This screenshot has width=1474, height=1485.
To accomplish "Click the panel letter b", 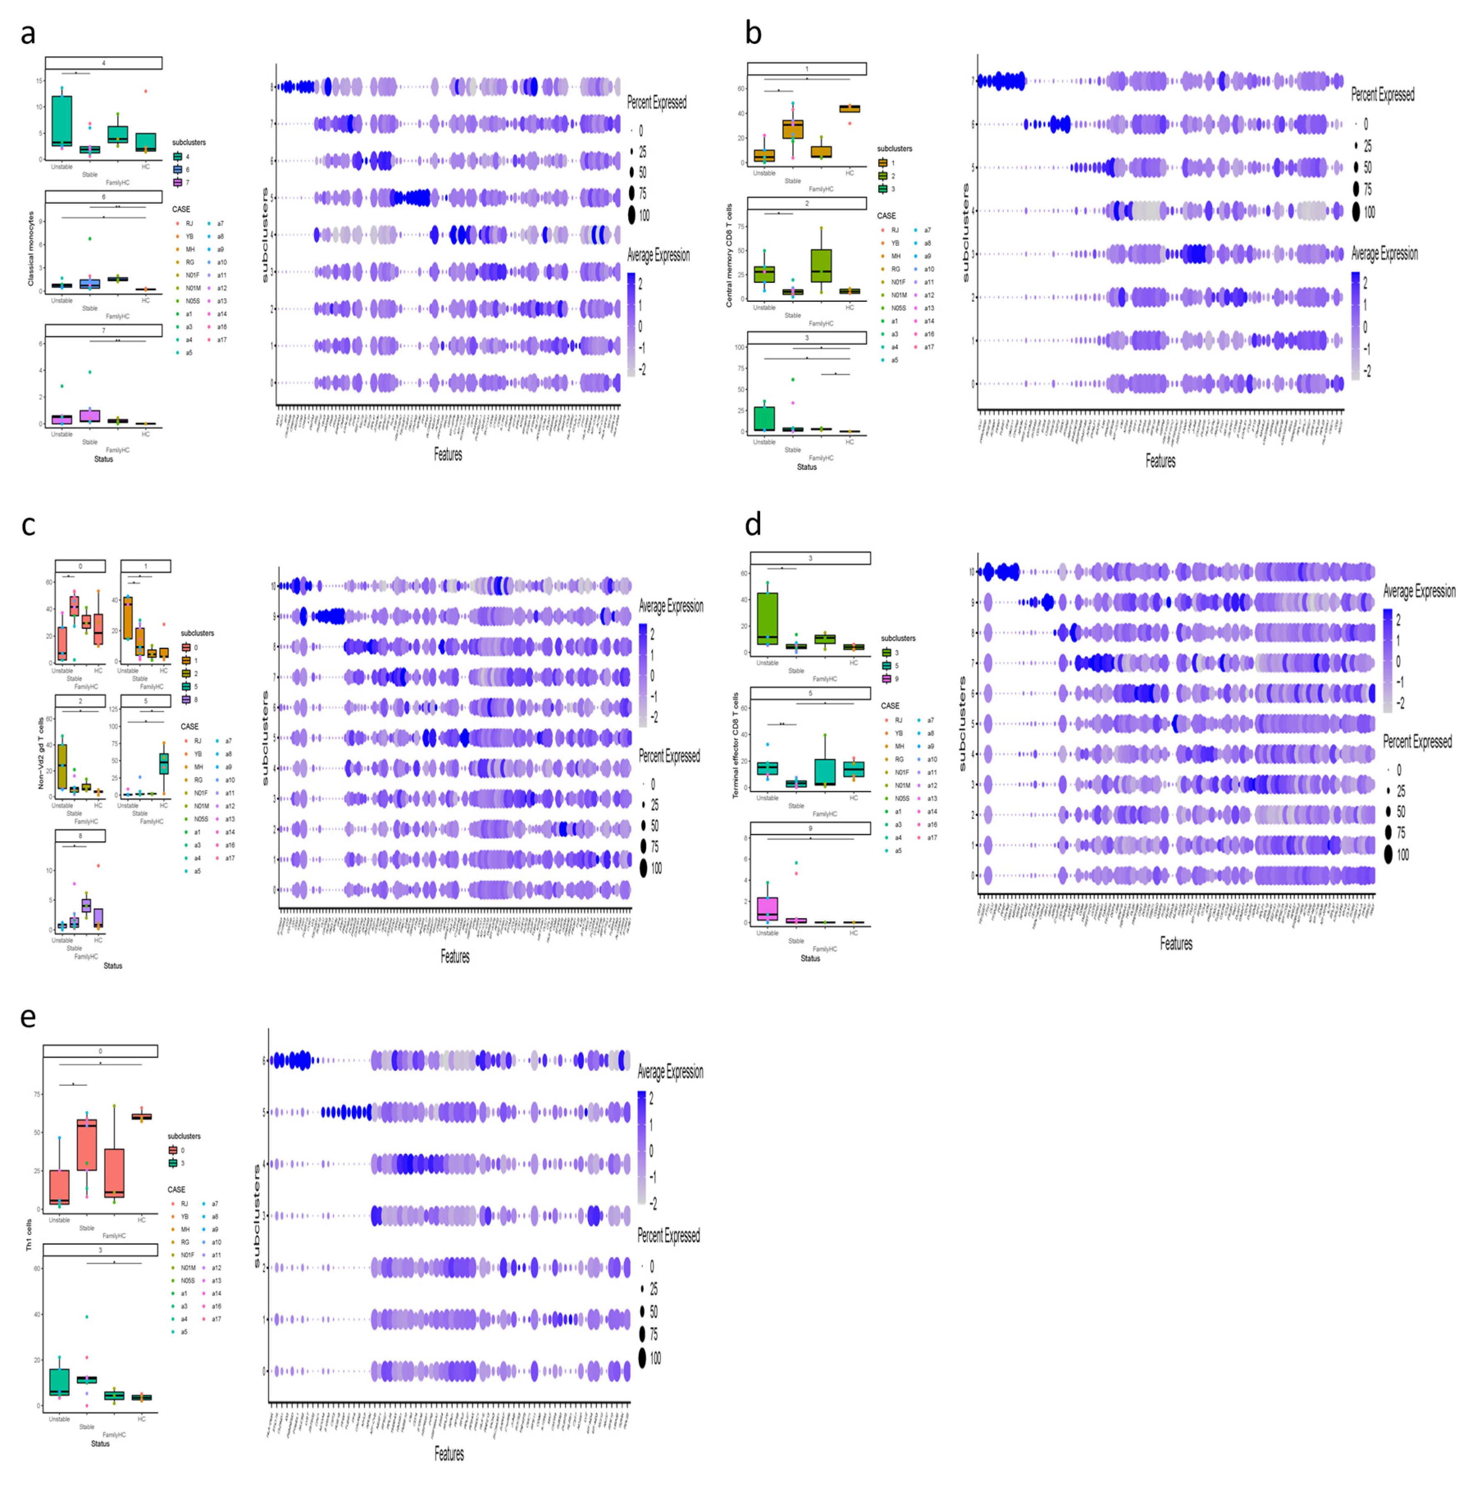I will (x=753, y=34).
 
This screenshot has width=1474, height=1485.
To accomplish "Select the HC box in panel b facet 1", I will (x=849, y=108).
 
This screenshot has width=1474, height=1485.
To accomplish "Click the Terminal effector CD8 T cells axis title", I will (x=736, y=745).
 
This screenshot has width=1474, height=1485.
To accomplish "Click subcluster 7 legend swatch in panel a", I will (x=178, y=182).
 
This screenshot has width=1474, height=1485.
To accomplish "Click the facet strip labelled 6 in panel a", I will (x=104, y=197).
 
